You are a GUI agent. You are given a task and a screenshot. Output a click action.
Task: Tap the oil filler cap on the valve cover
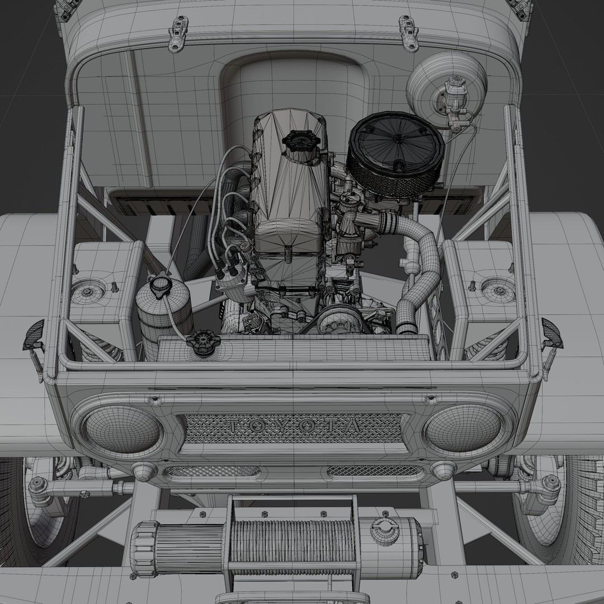[301, 139]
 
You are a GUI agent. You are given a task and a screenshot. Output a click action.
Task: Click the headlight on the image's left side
[122, 429]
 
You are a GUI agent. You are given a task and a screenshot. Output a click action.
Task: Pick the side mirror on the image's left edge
[34, 336]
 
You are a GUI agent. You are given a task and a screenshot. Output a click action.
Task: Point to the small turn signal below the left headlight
[144, 470]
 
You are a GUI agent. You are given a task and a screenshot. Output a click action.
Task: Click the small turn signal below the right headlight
[443, 470]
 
